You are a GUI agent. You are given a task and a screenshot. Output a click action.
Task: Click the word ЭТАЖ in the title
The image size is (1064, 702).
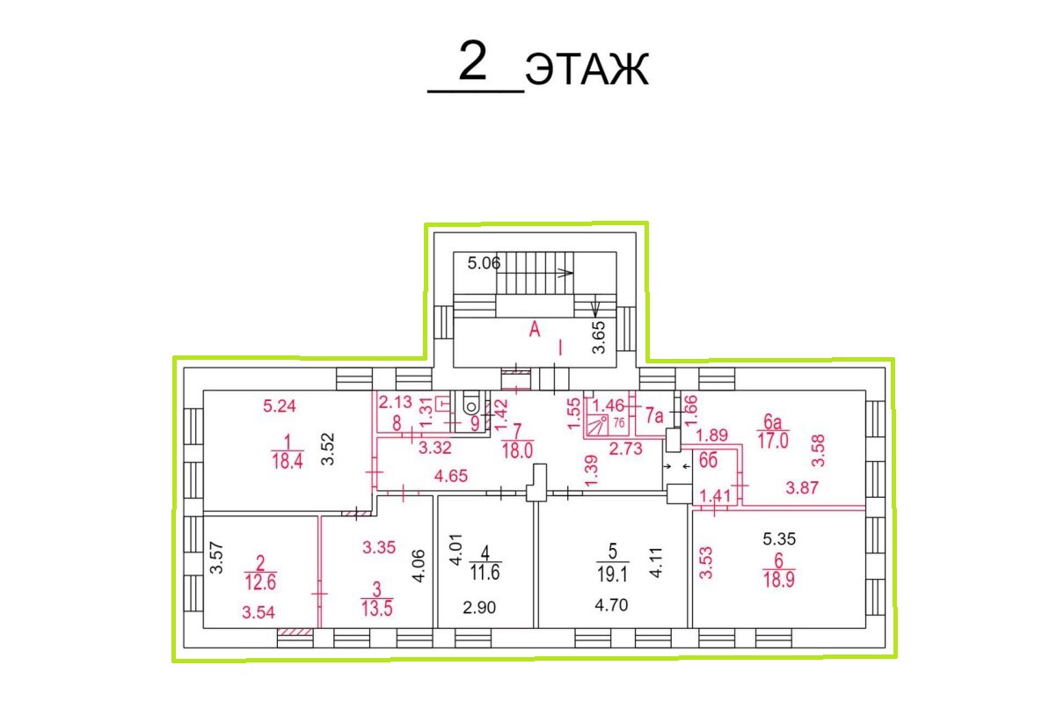tap(587, 69)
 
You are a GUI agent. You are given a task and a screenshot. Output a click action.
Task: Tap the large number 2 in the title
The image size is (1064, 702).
tap(472, 61)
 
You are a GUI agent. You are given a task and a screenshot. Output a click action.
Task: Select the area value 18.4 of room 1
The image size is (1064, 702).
tap(288, 461)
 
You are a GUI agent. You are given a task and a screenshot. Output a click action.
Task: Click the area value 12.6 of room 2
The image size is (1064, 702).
tap(260, 582)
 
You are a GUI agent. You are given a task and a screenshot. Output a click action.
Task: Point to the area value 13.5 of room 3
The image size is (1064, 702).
tap(376, 609)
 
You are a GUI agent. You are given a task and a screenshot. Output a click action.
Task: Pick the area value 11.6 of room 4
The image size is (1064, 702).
tap(485, 573)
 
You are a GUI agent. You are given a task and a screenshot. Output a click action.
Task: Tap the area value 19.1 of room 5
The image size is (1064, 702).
tap(613, 574)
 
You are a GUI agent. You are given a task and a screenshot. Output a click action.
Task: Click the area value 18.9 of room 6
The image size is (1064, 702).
tap(779, 580)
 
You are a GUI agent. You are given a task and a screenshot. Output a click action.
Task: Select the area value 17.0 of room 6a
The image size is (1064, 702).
tap(773, 441)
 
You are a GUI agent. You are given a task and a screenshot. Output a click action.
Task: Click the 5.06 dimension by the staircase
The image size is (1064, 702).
tap(484, 263)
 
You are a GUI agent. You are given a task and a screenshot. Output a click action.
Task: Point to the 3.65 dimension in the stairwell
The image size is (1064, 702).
tap(599, 338)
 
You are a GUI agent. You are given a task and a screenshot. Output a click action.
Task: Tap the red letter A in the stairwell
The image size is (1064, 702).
tap(535, 329)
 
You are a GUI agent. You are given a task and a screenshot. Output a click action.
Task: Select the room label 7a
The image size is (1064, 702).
tap(654, 416)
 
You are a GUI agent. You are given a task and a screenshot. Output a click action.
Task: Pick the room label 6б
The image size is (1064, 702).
tap(708, 461)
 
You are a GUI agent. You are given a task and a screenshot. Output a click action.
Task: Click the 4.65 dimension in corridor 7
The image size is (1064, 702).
tap(451, 476)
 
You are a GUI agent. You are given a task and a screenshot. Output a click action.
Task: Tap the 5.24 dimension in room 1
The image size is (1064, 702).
tap(280, 406)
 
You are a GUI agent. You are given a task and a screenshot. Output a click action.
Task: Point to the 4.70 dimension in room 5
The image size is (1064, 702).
tap(611, 605)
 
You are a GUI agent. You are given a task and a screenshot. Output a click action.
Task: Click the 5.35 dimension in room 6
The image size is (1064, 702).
tap(779, 539)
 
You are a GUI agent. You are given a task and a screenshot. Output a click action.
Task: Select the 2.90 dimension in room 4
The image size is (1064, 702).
tap(479, 607)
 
